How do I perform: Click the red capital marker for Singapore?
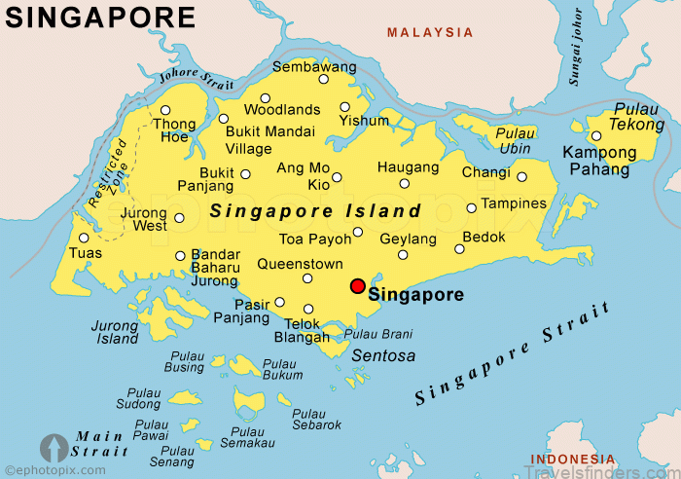(358, 286)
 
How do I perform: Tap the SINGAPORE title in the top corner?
(100, 17)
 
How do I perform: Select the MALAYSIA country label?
(430, 32)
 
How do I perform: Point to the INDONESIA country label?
(572, 460)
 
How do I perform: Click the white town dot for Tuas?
(84, 238)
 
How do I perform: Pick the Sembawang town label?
(314, 67)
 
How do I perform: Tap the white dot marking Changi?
(521, 177)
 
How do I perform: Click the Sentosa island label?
(383, 356)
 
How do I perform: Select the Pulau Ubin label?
(515, 140)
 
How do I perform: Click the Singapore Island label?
(316, 210)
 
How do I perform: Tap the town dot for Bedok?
(459, 249)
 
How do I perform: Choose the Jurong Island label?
(116, 333)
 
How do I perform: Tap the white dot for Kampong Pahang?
(596, 136)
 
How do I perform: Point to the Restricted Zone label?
(108, 171)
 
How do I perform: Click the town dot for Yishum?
(344, 107)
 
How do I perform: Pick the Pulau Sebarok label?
(316, 420)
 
